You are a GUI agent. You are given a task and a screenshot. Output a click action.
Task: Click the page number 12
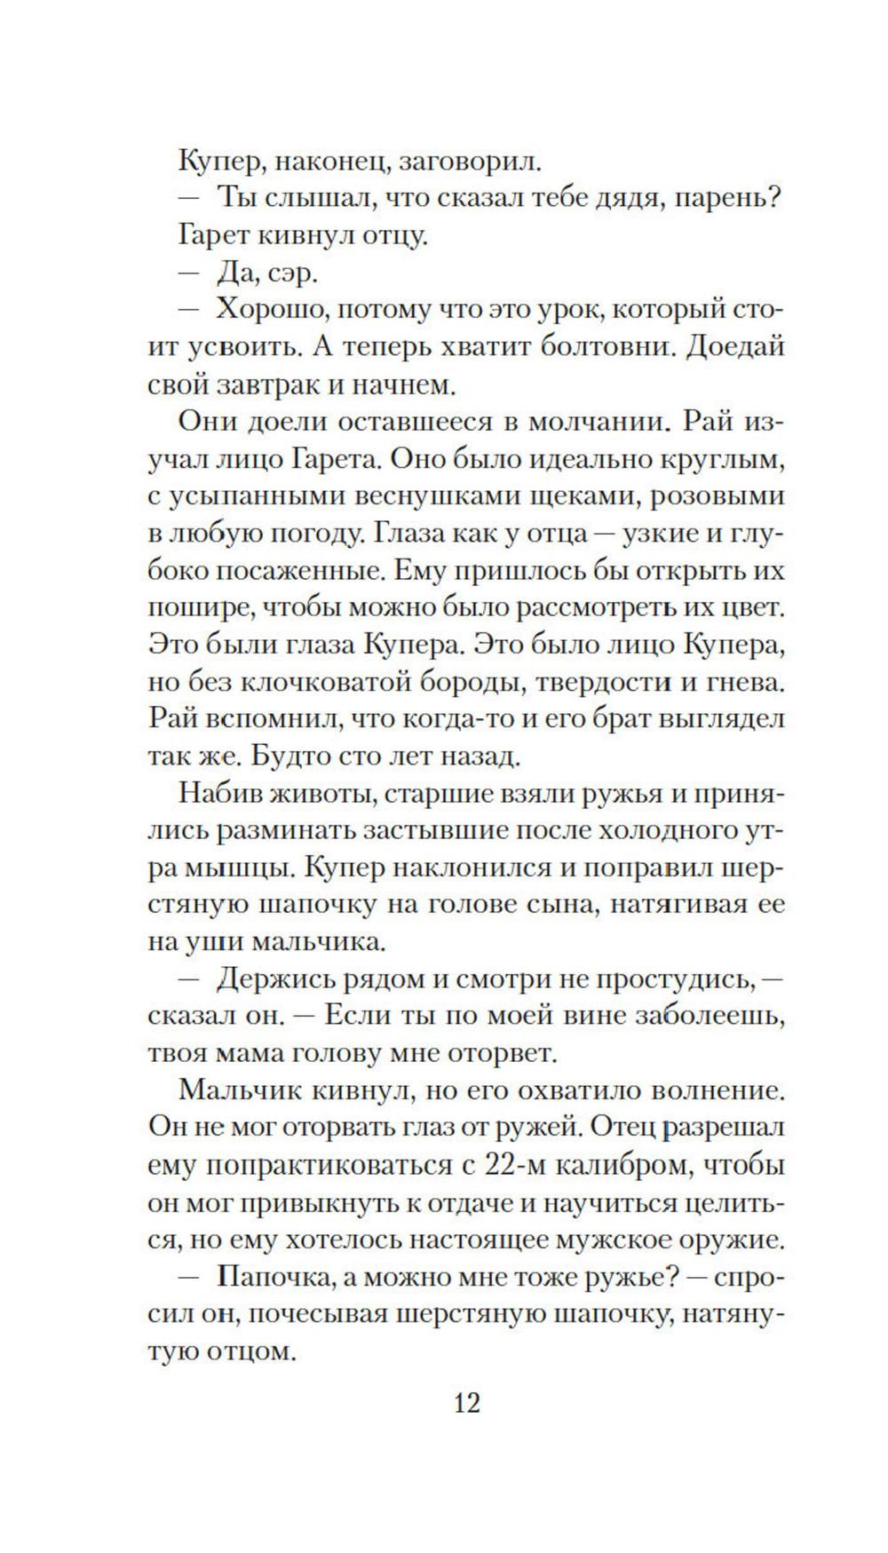click(467, 1404)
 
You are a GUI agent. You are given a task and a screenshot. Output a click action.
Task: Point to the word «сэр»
click(291, 274)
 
